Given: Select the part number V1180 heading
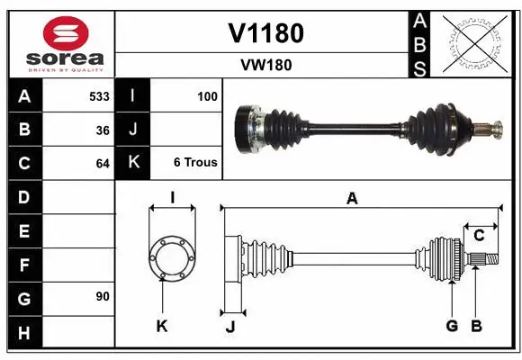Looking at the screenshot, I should [265, 33].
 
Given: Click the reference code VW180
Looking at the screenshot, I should [265, 65].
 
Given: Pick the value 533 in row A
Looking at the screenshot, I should [99, 95].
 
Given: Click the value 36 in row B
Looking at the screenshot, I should [103, 130].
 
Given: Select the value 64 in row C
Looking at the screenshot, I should [103, 164].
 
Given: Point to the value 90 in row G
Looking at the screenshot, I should [103, 296].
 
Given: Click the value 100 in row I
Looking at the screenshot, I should [207, 95].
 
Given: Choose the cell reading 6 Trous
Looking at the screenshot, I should [195, 163].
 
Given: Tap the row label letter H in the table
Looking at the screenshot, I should [24, 333].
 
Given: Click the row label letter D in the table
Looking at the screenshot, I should [24, 196].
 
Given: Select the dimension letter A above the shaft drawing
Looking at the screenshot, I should [352, 199].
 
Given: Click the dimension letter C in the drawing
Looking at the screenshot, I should [480, 236].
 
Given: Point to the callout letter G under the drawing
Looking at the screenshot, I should [452, 326].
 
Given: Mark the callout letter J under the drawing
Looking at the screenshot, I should [229, 327].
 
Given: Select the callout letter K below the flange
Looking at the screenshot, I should [162, 326].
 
